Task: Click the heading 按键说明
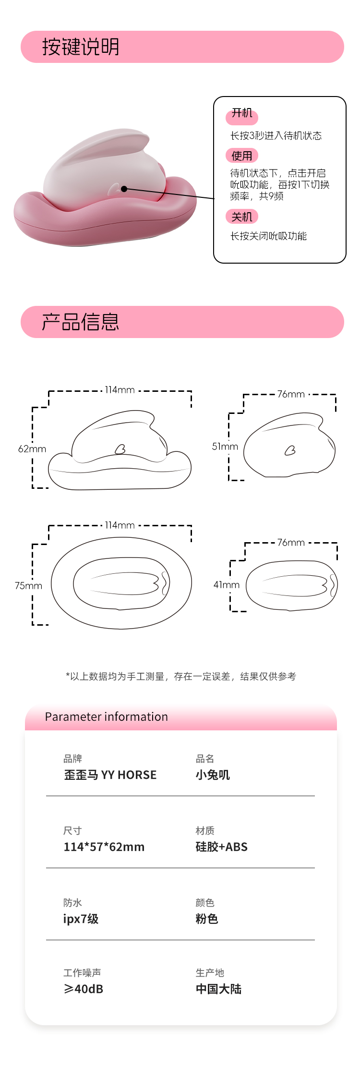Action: click(x=81, y=47)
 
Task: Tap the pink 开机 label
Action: click(x=242, y=114)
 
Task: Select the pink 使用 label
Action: click(x=242, y=156)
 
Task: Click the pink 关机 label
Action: click(x=242, y=217)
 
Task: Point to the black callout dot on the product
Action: click(x=124, y=189)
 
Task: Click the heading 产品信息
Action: click(x=81, y=322)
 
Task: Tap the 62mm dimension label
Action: click(x=32, y=449)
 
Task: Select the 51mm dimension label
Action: click(x=225, y=447)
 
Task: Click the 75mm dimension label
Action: click(x=28, y=586)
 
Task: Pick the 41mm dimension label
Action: click(x=227, y=585)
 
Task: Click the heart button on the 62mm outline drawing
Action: click(x=120, y=449)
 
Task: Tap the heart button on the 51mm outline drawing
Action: click(x=290, y=450)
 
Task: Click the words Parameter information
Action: click(x=107, y=717)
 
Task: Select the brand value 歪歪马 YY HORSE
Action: click(x=110, y=775)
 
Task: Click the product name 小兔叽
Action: click(x=213, y=775)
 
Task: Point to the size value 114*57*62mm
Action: click(x=104, y=847)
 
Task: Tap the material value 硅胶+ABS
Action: click(x=222, y=847)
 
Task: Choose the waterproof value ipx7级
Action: click(x=81, y=919)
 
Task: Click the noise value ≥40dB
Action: click(x=84, y=989)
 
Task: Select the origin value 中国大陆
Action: click(x=218, y=989)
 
